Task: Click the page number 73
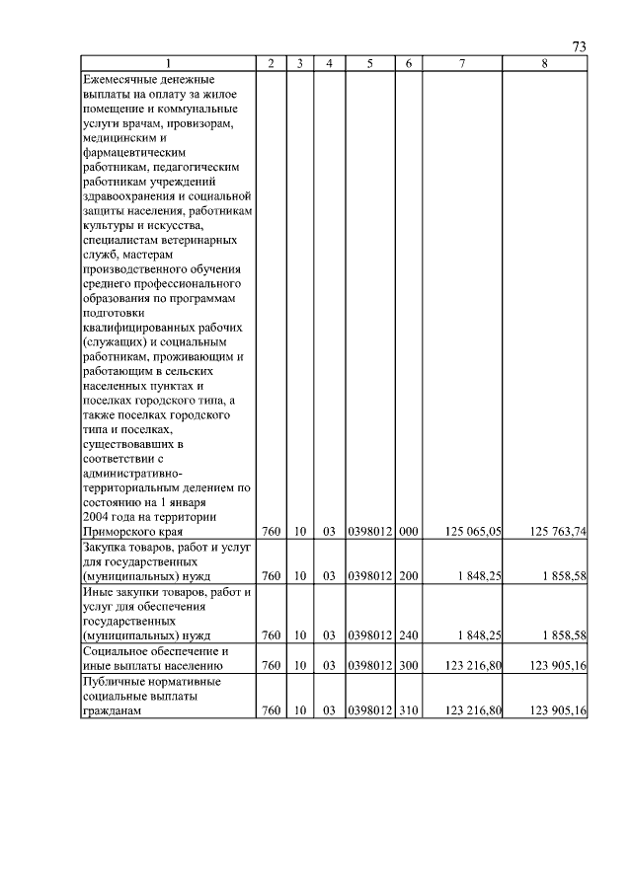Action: click(580, 47)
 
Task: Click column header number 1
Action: click(167, 64)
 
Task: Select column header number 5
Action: click(369, 64)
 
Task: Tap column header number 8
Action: click(545, 64)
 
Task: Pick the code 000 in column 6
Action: click(409, 531)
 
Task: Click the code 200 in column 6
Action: click(409, 575)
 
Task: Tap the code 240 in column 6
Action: click(409, 635)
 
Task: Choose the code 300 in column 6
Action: click(409, 665)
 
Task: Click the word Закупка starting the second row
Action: click(107, 546)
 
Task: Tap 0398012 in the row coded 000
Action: click(370, 531)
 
